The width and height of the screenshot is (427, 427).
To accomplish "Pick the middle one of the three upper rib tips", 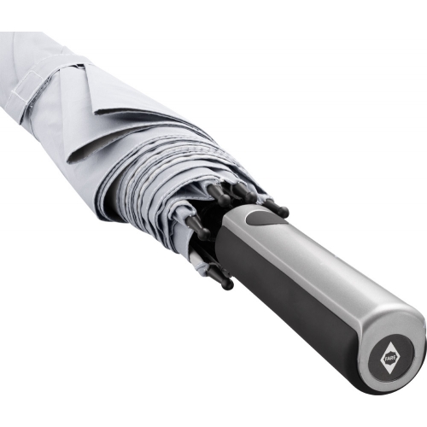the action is coord(243,191).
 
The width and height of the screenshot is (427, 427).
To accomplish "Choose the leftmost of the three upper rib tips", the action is coord(219,194).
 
